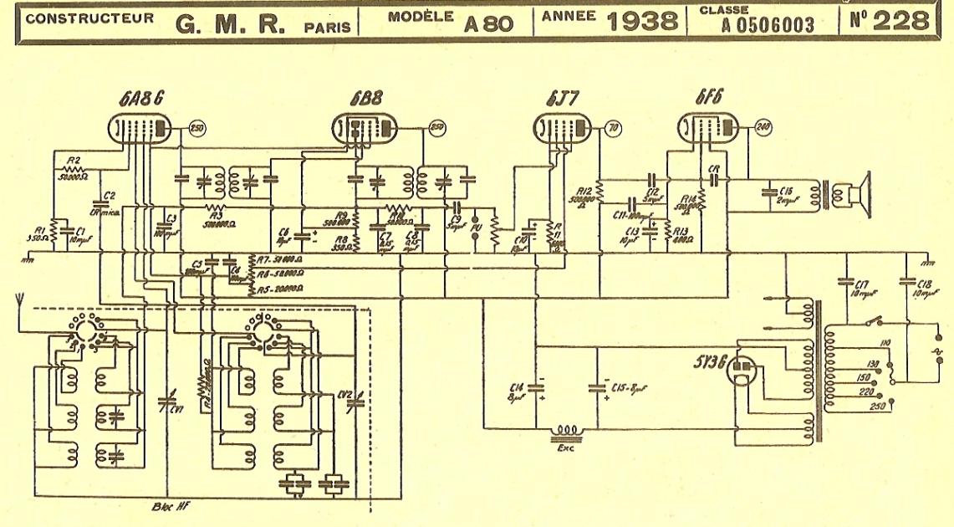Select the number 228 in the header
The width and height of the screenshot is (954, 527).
click(x=900, y=21)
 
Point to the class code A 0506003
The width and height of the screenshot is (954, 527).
click(x=768, y=26)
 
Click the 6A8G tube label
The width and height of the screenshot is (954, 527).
click(x=140, y=97)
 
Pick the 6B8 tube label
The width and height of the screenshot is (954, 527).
click(x=365, y=98)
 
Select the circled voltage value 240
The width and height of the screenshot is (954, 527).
click(x=763, y=127)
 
